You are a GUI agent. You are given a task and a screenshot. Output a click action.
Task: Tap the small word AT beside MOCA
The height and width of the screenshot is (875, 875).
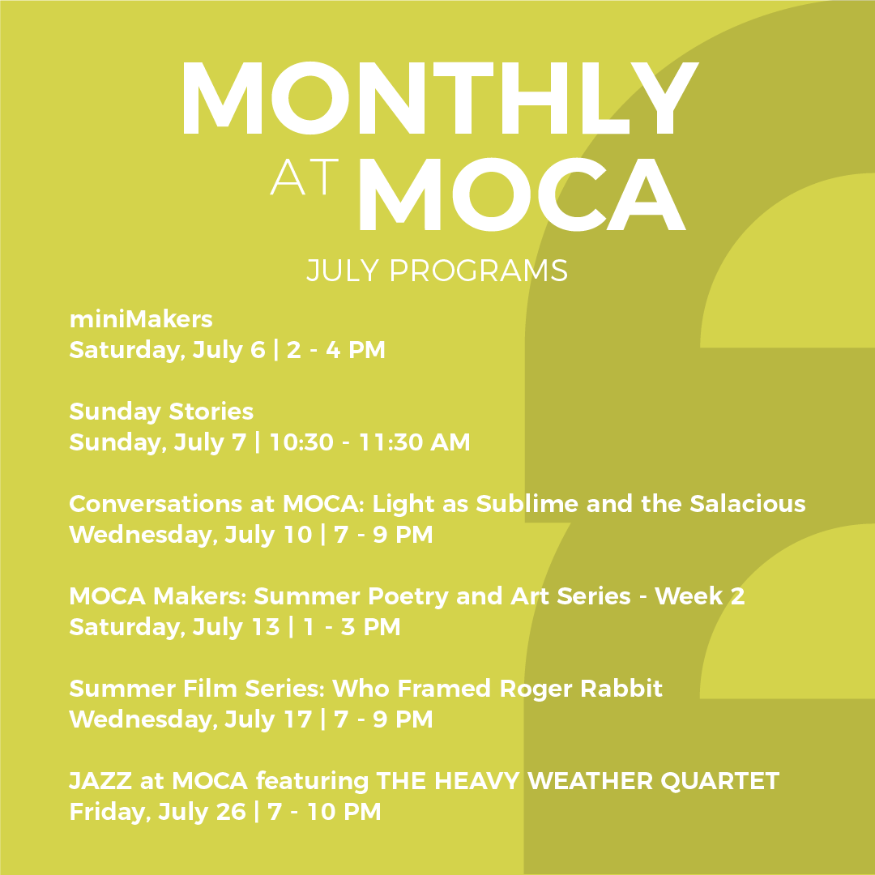(x=303, y=177)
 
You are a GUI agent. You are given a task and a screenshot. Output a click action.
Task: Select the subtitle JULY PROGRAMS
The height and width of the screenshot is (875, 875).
(x=437, y=271)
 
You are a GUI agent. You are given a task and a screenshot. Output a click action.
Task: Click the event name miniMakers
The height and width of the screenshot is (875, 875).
(x=141, y=319)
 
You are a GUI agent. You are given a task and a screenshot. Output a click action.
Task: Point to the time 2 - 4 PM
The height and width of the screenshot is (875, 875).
(x=335, y=350)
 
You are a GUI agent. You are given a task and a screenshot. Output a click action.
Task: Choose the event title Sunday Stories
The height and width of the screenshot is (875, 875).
(x=161, y=412)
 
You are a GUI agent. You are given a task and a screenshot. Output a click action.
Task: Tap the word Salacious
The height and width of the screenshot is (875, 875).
(x=748, y=504)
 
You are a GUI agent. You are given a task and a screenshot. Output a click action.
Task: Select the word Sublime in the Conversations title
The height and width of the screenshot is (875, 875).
(x=527, y=504)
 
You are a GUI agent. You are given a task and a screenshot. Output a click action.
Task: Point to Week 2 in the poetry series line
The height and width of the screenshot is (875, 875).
(x=700, y=596)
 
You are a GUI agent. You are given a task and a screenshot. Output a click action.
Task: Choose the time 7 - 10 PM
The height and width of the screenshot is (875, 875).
(x=324, y=812)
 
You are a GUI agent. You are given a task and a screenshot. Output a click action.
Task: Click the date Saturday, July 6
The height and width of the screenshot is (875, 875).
(x=167, y=350)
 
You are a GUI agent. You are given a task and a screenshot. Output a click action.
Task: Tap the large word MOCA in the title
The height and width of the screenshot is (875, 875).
(x=519, y=194)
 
